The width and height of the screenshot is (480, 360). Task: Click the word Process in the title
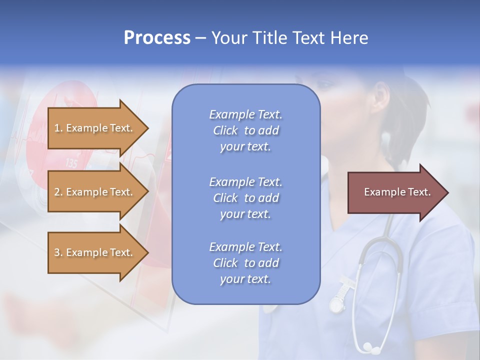point(157,38)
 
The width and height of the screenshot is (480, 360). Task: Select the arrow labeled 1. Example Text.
point(95,128)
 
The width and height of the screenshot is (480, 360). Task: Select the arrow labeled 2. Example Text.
point(95,192)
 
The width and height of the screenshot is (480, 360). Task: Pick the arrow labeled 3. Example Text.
point(95,252)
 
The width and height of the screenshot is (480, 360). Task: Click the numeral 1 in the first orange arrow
point(57,128)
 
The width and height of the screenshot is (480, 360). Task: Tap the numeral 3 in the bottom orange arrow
point(57,252)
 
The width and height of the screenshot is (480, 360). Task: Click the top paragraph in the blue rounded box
point(245,130)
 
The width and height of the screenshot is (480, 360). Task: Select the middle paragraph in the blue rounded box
point(245,198)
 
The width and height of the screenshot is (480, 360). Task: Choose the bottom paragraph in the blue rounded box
point(245,263)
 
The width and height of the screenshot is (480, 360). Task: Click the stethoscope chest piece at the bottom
point(368,345)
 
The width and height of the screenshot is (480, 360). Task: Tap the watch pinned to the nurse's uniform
point(337,302)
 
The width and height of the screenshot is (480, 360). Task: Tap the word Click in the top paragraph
point(225,130)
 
